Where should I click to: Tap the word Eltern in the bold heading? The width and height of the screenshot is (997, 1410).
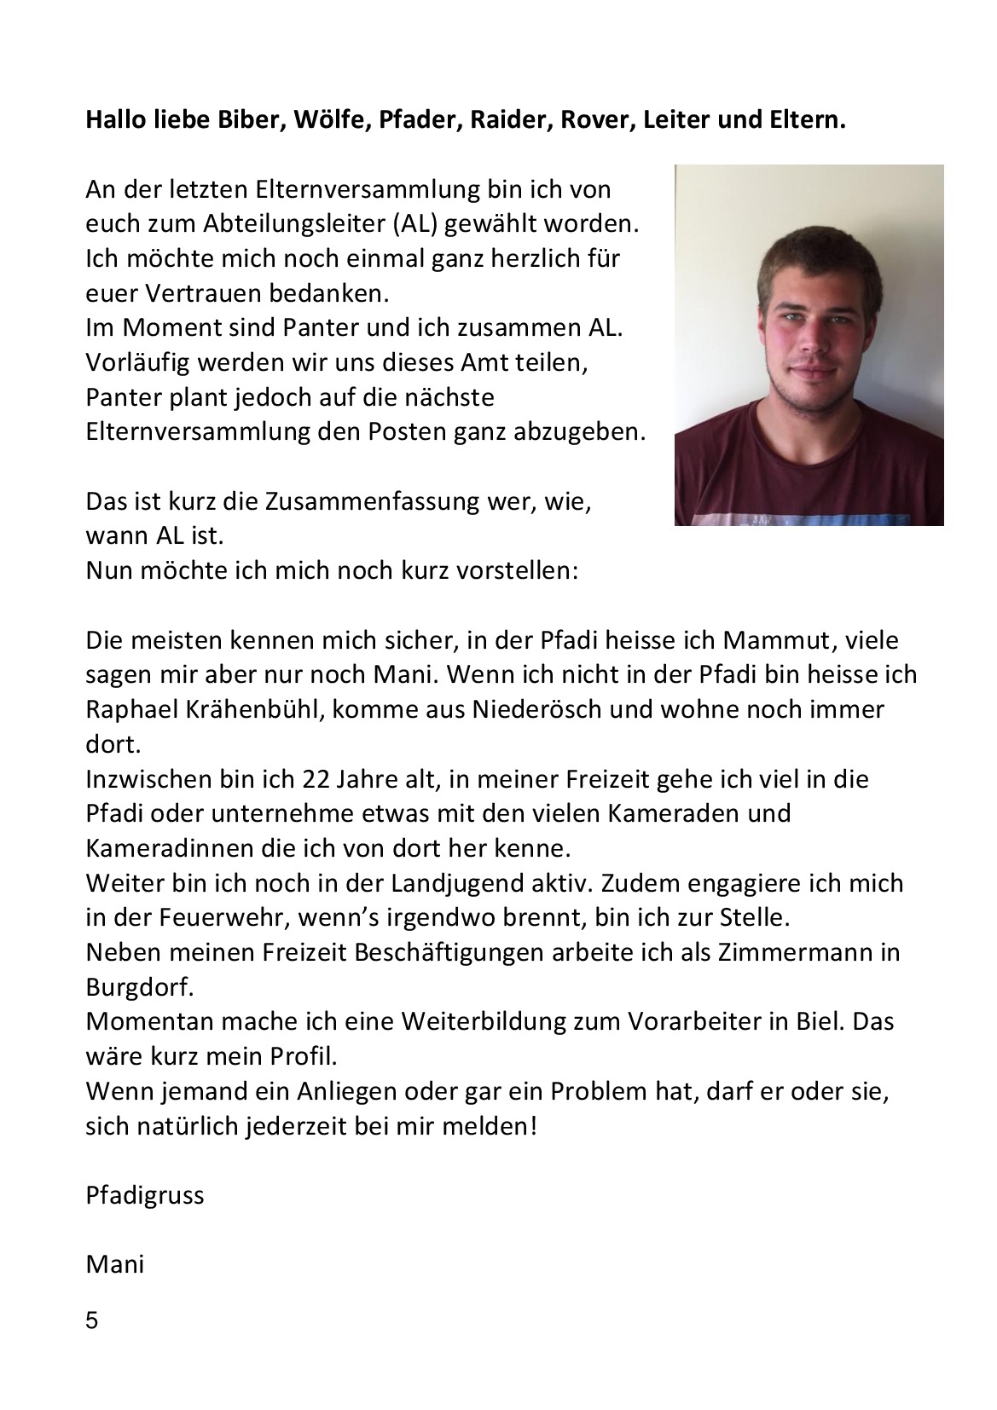coord(807,120)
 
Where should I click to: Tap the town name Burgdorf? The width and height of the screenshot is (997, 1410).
coord(140,987)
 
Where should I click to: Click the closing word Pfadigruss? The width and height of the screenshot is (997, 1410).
coord(145,1195)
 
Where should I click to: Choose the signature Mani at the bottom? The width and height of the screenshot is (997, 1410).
coord(114,1264)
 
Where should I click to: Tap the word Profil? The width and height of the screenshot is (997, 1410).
coord(304,1057)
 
